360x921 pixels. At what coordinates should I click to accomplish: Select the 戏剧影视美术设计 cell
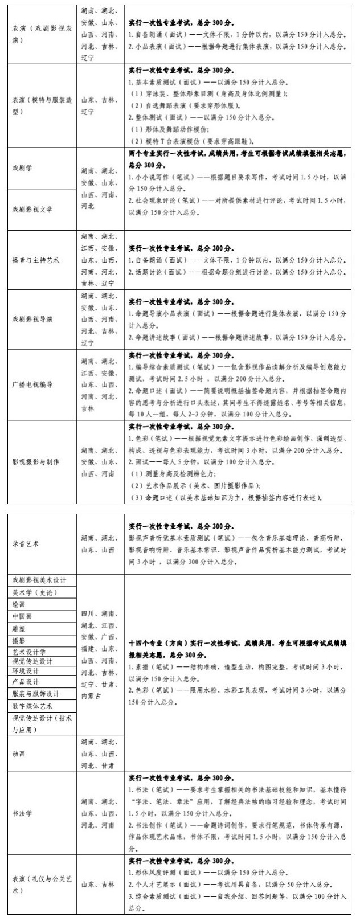click(x=40, y=580)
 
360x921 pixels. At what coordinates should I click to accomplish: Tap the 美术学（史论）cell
click(x=35, y=592)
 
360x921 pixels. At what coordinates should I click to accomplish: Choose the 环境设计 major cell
click(x=26, y=671)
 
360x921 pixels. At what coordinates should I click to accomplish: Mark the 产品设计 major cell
click(x=26, y=682)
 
